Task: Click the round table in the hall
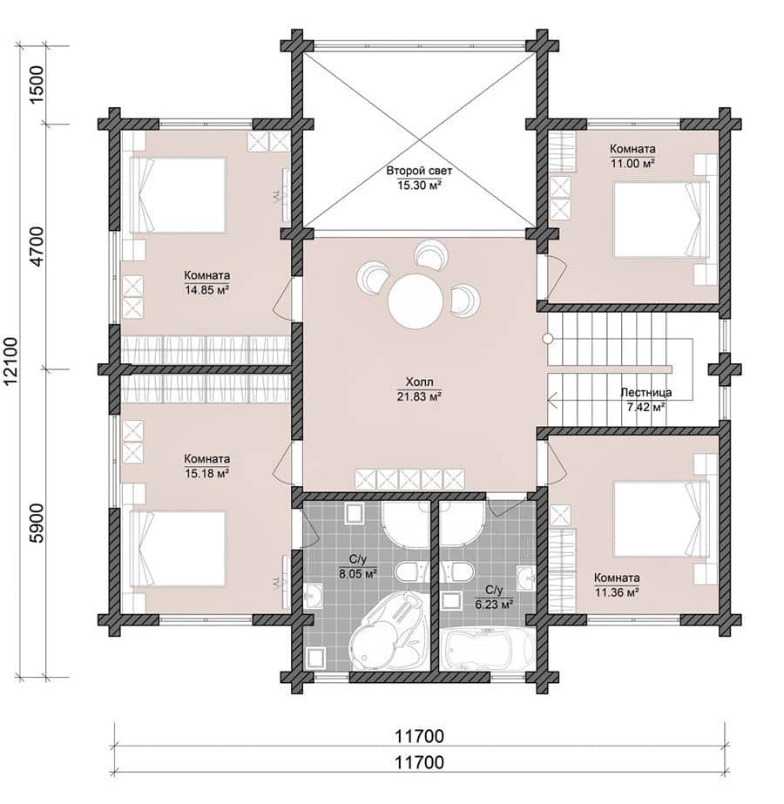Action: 416,301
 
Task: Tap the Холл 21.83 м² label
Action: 419,389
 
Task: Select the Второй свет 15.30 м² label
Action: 419,178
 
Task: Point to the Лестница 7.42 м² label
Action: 646,400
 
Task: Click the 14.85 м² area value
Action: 206,290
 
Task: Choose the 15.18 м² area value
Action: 206,473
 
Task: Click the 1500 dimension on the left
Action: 38,84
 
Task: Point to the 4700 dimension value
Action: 38,247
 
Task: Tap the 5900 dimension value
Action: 38,523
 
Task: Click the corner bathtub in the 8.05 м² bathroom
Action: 389,631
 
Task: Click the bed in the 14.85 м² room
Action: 177,195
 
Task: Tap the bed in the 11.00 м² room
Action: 662,220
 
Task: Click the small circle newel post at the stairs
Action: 548,339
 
